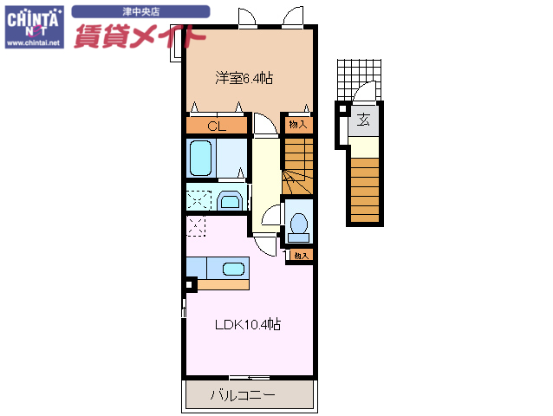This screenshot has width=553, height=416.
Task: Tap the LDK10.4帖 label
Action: click(x=248, y=325)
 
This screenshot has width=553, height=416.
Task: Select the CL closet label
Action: click(x=217, y=127)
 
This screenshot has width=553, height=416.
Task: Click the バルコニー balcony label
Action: click(x=243, y=396)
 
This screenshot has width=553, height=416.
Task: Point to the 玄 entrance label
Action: click(x=365, y=120)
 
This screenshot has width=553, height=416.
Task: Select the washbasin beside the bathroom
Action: click(x=230, y=201)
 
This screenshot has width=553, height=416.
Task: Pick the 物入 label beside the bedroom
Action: click(x=297, y=126)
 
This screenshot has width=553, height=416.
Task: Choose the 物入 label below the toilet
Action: click(x=301, y=256)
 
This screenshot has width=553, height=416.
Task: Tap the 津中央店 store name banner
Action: click(x=140, y=12)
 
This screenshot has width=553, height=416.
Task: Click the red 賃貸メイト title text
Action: click(x=139, y=36)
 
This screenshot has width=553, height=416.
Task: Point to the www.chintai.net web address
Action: click(x=34, y=42)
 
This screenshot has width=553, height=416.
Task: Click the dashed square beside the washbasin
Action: click(x=198, y=198)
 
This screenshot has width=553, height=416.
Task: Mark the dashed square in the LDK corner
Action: click(x=196, y=227)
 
